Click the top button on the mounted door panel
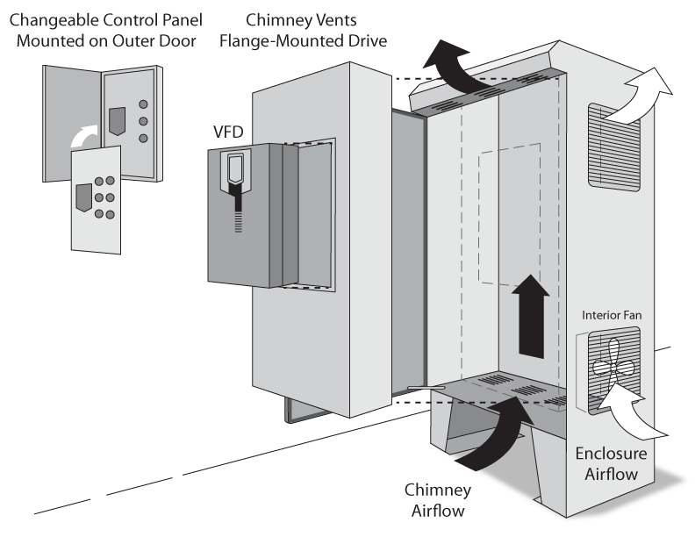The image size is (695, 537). click(x=144, y=102)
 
